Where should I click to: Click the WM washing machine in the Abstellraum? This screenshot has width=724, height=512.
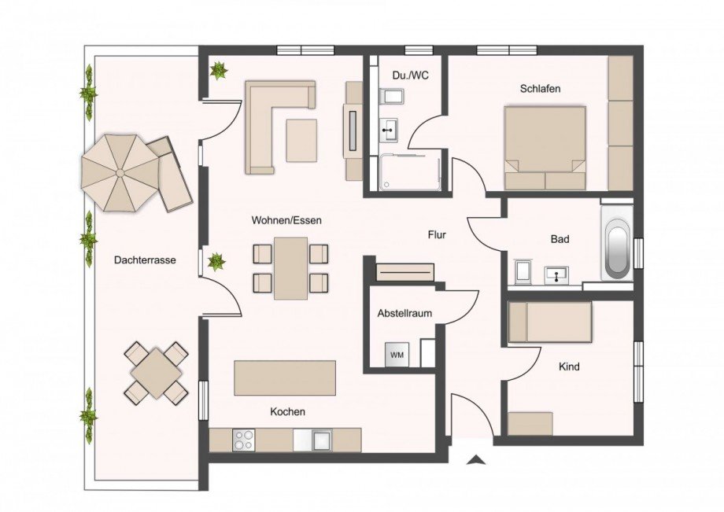(397, 355)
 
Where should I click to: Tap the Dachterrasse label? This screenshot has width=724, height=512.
(145, 260)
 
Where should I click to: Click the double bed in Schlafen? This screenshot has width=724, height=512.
(545, 148)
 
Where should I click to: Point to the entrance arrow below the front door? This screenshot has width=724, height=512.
(475, 459)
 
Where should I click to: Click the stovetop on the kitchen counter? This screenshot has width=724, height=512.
(244, 440)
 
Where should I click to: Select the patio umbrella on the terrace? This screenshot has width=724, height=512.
(120, 173)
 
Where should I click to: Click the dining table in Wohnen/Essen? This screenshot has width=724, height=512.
(291, 268)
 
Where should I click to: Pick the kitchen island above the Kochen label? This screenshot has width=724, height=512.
(285, 378)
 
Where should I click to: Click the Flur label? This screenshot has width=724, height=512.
(437, 235)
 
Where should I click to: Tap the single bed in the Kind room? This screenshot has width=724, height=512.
(550, 322)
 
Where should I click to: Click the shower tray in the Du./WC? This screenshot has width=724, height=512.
(408, 172)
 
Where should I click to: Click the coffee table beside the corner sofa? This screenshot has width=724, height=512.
(301, 140)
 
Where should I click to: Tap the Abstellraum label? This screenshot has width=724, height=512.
(404, 314)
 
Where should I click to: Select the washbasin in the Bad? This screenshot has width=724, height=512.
(557, 275)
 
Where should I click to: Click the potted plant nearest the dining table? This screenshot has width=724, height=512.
(216, 263)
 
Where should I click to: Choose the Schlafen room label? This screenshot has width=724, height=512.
(540, 89)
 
